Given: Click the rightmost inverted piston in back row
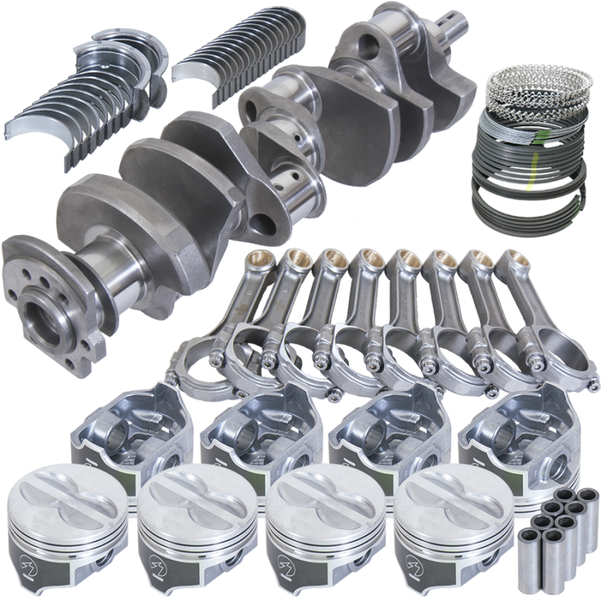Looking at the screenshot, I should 518,436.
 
